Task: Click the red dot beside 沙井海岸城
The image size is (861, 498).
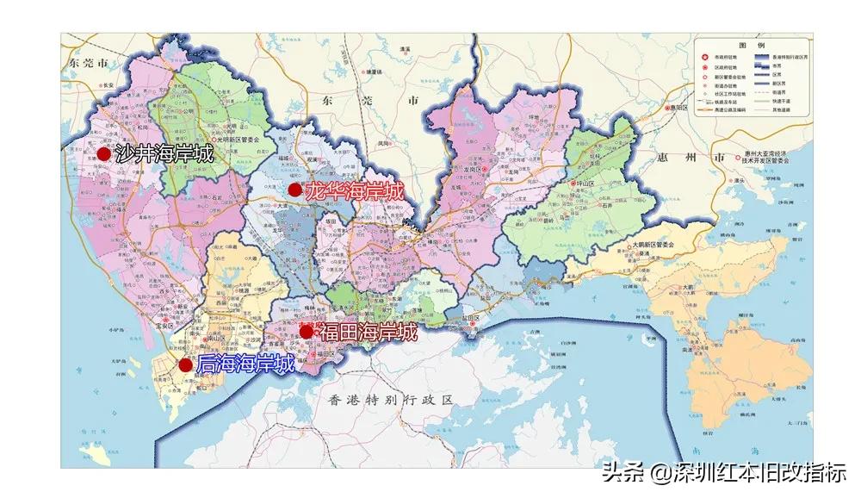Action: [104, 154]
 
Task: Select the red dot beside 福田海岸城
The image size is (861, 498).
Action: [306, 332]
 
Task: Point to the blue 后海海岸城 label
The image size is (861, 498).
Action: [245, 364]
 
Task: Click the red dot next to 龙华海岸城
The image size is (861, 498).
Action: [294, 190]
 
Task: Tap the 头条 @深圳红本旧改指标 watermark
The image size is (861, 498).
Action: [723, 472]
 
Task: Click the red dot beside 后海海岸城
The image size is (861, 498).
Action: [185, 364]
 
